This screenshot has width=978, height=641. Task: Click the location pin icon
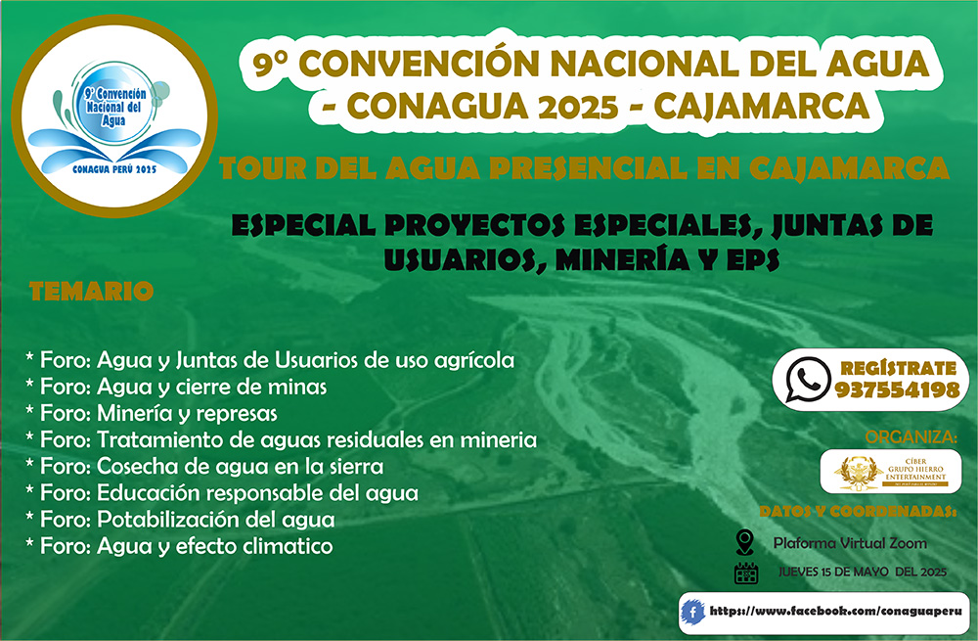coord(745,541)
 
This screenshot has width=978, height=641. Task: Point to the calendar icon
coord(746,572)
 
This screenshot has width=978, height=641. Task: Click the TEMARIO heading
coord(91,291)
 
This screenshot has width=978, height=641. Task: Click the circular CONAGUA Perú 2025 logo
coord(114,116)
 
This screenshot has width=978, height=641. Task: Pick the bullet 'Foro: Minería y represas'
coord(152,413)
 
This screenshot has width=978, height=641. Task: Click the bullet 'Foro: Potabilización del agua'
coord(180,519)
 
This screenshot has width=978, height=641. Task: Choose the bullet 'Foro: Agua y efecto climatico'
coord(179,545)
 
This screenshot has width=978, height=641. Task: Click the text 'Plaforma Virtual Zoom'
coord(849,543)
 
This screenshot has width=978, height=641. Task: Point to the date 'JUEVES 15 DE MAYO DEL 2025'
coord(863,572)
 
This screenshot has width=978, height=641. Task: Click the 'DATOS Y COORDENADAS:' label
coord(857,511)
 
